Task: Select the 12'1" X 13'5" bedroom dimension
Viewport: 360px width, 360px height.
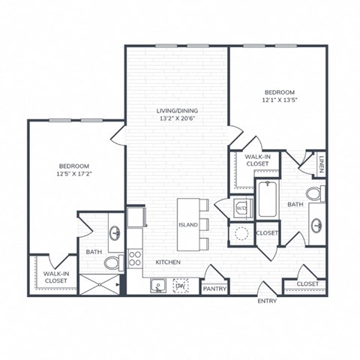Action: (x=277, y=100)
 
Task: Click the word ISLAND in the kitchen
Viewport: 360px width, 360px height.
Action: (x=187, y=224)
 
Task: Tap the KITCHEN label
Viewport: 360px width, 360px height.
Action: (x=168, y=262)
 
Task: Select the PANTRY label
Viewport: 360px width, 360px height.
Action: (x=215, y=288)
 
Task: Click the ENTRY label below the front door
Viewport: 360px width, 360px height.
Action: (x=267, y=302)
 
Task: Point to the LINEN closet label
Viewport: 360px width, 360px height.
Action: (x=321, y=163)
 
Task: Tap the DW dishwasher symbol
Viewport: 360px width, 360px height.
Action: (x=180, y=285)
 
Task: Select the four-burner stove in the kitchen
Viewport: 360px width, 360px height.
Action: (x=136, y=259)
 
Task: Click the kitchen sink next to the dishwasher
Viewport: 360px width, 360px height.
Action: (x=157, y=285)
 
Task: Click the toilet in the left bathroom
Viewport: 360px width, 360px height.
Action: (x=113, y=262)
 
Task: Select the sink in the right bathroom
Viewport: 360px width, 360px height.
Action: (x=317, y=225)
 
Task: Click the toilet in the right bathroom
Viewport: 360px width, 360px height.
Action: (x=314, y=193)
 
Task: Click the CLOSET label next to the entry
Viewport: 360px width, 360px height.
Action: (x=307, y=284)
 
